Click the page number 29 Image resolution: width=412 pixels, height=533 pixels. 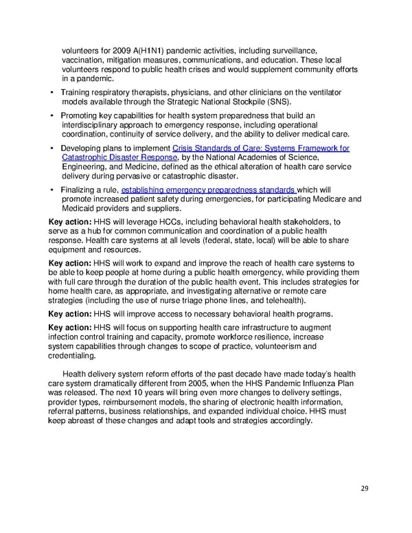[x=364, y=488]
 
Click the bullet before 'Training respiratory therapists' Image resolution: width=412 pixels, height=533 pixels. [x=52, y=92]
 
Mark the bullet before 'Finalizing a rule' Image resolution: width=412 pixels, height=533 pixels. [x=52, y=190]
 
